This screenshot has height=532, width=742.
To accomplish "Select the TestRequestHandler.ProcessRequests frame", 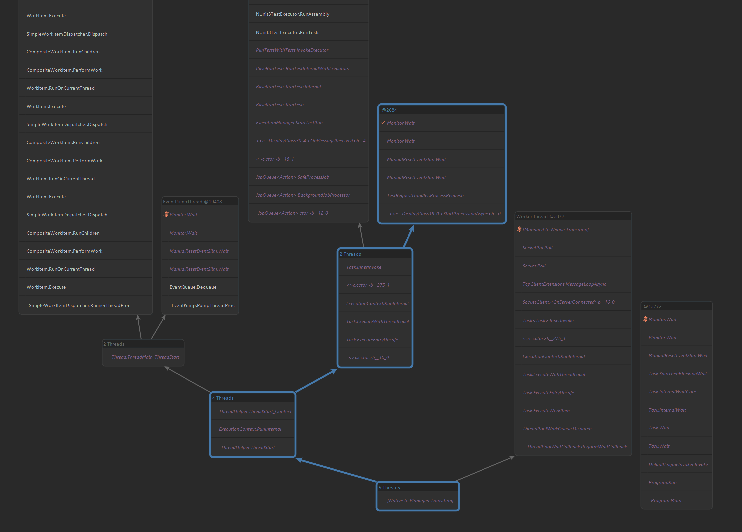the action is pyautogui.click(x=425, y=195).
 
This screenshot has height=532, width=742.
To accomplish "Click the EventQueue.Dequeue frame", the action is pyautogui.click(x=193, y=287).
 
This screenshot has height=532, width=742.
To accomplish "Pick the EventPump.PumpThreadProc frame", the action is pyautogui.click(x=203, y=305).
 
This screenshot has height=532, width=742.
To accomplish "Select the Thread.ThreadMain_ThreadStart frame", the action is pyautogui.click(x=145, y=357).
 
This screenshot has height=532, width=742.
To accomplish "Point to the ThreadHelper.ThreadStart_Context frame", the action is pyautogui.click(x=255, y=411).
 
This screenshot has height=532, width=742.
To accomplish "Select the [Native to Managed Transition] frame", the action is pyautogui.click(x=420, y=501).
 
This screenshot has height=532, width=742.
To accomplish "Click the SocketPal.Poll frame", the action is pyautogui.click(x=537, y=248).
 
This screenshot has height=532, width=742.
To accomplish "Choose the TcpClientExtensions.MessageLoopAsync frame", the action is pyautogui.click(x=564, y=284).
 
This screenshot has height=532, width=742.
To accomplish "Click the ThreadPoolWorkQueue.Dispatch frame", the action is pyautogui.click(x=557, y=429).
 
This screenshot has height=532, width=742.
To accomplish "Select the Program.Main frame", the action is pyautogui.click(x=666, y=500).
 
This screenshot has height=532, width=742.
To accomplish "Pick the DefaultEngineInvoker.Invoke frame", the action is pyautogui.click(x=678, y=464).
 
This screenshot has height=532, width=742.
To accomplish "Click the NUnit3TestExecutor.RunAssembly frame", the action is pyautogui.click(x=292, y=14).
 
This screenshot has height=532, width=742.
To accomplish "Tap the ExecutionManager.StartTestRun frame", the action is pyautogui.click(x=289, y=123).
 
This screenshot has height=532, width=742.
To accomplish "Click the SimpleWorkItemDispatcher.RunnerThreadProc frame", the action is pyautogui.click(x=79, y=305).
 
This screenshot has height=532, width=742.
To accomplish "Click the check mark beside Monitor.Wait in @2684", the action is pyautogui.click(x=383, y=123).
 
